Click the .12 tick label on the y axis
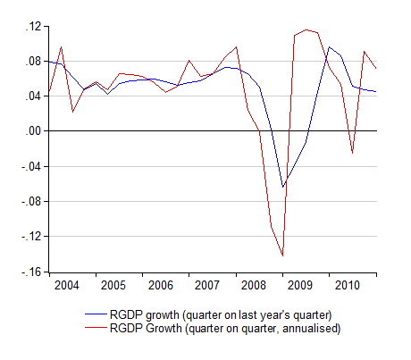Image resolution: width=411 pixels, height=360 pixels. [33, 27]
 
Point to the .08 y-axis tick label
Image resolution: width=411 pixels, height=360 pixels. [33, 62]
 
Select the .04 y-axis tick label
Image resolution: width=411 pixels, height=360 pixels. [33, 96]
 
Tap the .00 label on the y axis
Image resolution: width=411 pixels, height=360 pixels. [33, 131]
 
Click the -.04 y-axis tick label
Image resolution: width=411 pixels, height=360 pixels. [31, 166]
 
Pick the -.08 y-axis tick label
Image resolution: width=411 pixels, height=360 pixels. [31, 202]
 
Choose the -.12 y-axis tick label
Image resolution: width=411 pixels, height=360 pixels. [31, 237]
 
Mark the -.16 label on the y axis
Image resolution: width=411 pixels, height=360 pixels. [31, 272]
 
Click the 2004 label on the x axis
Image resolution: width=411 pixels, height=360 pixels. [66, 285]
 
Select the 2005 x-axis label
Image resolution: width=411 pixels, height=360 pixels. [113, 285]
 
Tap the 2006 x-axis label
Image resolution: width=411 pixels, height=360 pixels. [160, 285]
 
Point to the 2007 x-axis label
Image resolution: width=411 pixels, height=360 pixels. [206, 285]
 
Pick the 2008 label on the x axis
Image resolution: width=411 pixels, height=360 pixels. [253, 285]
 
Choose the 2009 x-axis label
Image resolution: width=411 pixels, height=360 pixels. [300, 285]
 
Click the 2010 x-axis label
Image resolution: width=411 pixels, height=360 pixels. [348, 285]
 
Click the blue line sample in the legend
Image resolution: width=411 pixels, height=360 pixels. [96, 314]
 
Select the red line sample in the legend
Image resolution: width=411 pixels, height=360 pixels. [96, 328]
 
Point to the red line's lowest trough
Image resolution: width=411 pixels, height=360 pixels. [282, 255]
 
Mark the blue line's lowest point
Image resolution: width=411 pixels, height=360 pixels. [282, 187]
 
